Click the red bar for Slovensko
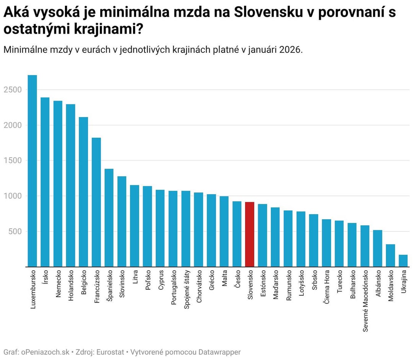click(250, 234)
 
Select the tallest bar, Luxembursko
click(33, 171)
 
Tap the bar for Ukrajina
click(403, 261)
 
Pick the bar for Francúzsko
click(96, 202)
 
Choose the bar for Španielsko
click(109, 218)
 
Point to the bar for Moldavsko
click(390, 255)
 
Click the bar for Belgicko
click(83, 192)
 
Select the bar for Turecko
click(339, 243)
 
